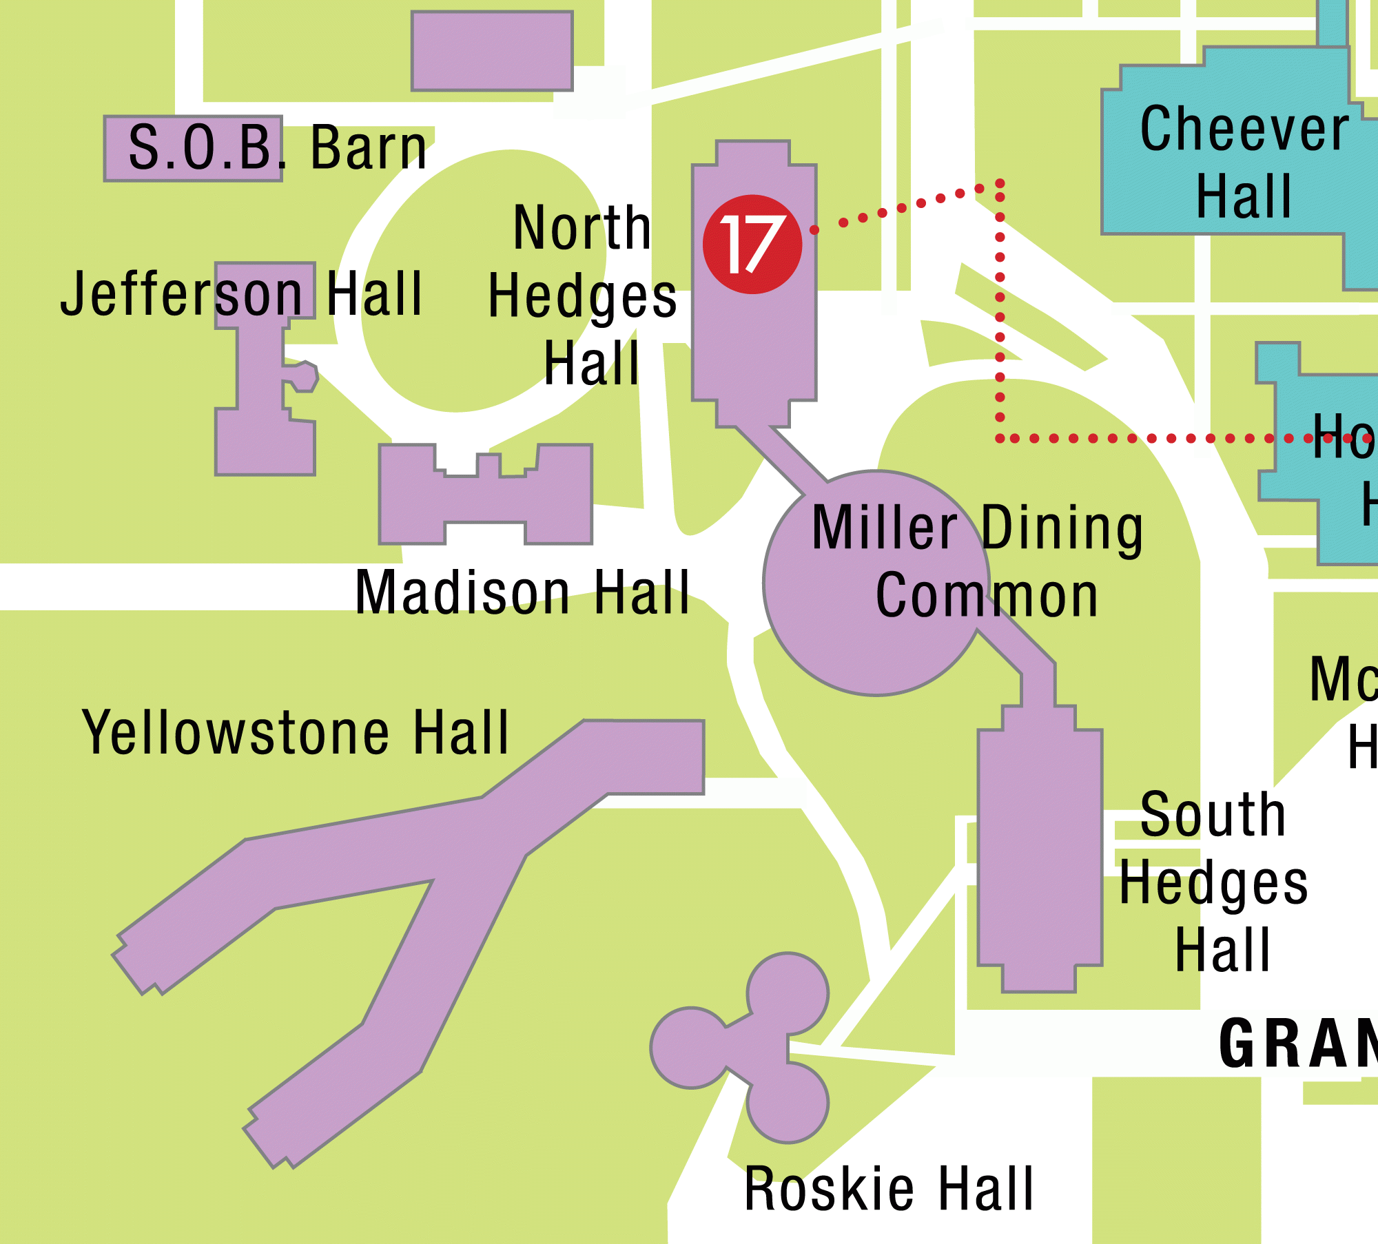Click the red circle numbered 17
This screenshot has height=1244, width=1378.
752,245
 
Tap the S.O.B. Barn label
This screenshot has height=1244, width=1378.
278,147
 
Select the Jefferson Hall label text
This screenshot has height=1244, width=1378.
241,294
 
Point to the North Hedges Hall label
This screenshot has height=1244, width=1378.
583,296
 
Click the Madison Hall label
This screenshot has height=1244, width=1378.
522,592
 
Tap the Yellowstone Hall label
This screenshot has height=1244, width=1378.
296,733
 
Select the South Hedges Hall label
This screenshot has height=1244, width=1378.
1214,882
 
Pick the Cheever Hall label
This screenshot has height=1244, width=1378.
1244,163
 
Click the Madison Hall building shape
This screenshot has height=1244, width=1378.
486,499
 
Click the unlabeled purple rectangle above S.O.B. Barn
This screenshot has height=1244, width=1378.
492,51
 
